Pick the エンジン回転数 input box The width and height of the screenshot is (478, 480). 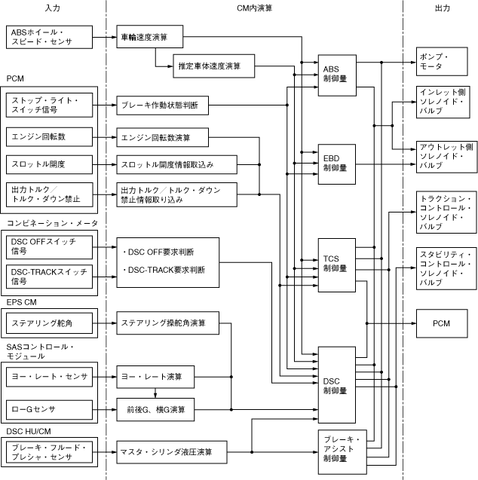(x=49, y=138)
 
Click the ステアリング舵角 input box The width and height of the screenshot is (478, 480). (x=49, y=323)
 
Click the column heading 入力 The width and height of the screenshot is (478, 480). (x=53, y=7)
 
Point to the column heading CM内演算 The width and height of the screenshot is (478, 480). (x=255, y=7)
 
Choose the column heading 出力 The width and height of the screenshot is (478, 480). (x=443, y=7)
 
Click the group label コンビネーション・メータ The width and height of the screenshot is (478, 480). (x=53, y=224)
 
